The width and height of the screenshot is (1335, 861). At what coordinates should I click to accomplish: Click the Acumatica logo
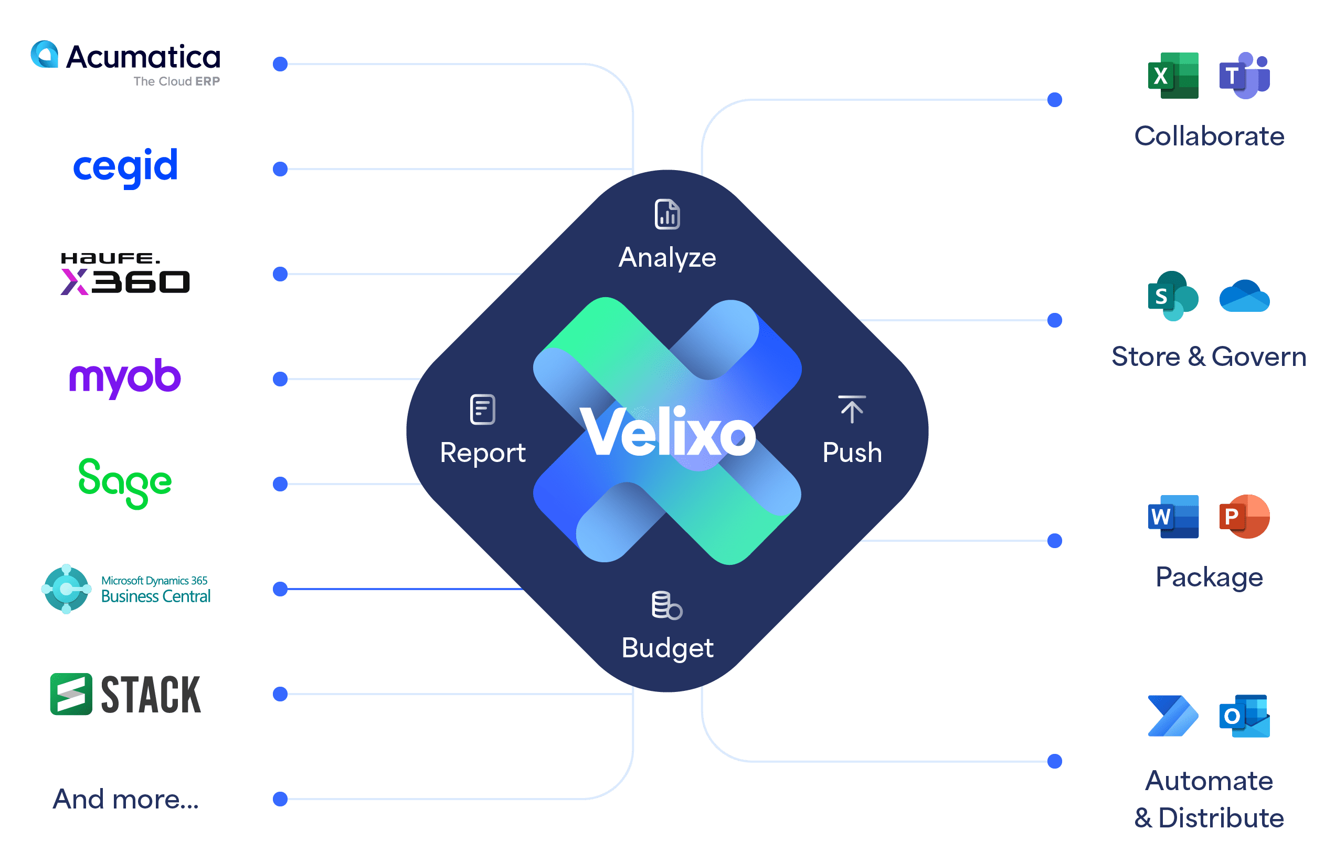[x=125, y=62]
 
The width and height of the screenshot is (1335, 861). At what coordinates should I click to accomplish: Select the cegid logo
[x=125, y=166]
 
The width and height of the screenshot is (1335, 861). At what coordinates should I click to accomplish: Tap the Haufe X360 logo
[x=125, y=274]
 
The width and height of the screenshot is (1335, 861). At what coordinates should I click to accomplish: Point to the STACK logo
[x=125, y=694]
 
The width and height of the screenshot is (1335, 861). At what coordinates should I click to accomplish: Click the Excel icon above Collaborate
[x=1173, y=76]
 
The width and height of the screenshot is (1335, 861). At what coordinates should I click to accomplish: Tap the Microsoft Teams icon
[x=1244, y=76]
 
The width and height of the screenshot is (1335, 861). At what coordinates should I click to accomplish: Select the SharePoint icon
[x=1173, y=296]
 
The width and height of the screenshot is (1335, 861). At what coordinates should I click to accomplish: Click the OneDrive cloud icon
[x=1244, y=296]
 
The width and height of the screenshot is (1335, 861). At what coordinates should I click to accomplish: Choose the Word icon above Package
[x=1173, y=517]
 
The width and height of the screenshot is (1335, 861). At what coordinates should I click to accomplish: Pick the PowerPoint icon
[x=1244, y=517]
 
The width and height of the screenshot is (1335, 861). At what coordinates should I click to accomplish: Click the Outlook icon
[x=1244, y=716]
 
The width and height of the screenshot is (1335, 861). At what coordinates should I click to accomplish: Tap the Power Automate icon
[x=1173, y=716]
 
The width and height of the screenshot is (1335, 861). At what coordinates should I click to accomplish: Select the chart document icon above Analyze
[x=667, y=214]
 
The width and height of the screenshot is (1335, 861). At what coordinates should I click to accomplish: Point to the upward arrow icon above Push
[x=852, y=409]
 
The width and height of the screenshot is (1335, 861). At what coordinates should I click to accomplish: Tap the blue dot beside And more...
[x=280, y=799]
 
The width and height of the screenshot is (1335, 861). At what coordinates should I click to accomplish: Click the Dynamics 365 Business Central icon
[x=67, y=589]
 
